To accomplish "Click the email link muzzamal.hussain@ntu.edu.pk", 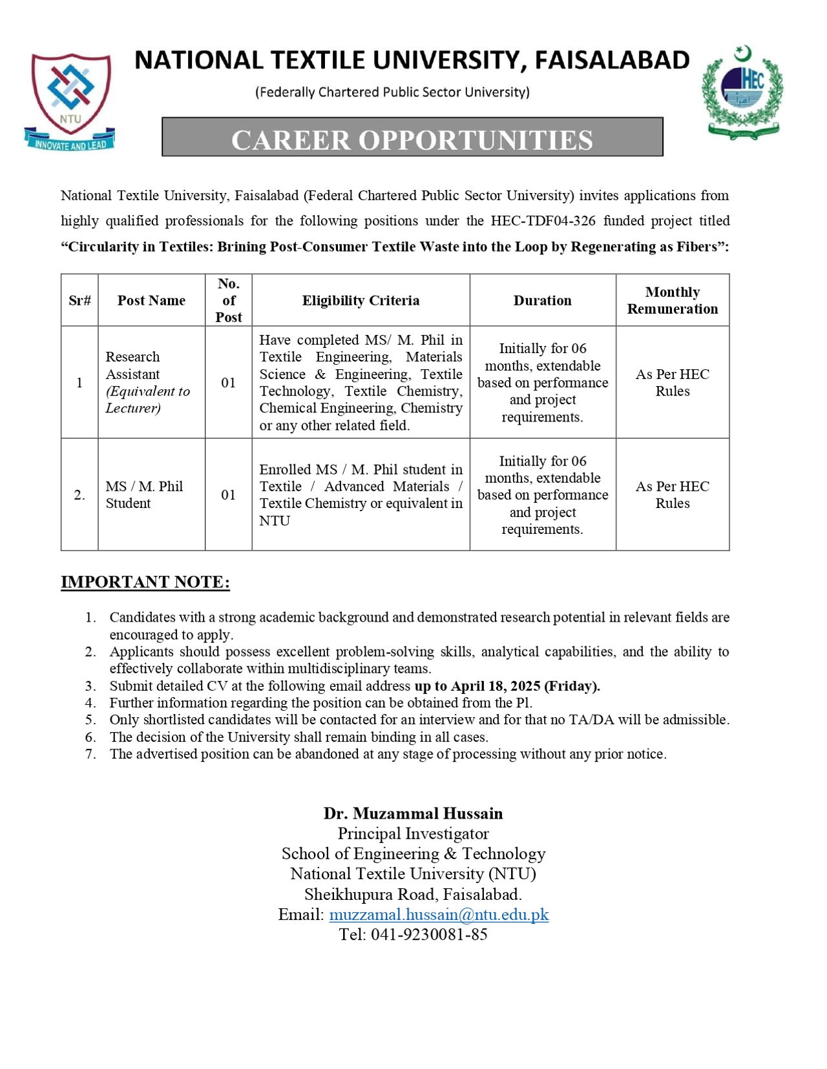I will point(439,914).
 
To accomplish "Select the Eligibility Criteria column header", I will point(361,300).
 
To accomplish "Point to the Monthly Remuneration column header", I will point(672,300).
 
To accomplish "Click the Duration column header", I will point(542,300).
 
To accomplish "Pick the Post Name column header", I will point(151,300).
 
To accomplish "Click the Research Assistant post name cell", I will point(148,382).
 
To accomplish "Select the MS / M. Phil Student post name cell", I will point(144,494).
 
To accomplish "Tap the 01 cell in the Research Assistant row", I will point(228,383).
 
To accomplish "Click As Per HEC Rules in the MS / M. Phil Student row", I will point(672,494).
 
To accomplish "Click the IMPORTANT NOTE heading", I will point(145,582).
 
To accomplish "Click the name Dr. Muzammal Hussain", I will point(413,813).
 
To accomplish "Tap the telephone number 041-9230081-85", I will point(429,934).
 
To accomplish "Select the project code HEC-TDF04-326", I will point(543,221).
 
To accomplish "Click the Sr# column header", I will point(79,300).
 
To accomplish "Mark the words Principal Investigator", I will point(413,833).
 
